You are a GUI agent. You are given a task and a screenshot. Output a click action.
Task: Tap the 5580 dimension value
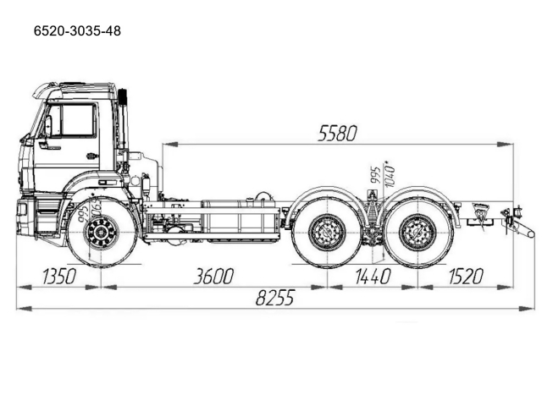[x=337, y=133]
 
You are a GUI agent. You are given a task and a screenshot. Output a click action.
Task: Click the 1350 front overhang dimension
[x=57, y=276]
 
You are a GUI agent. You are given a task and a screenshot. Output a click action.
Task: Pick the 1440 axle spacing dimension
[x=372, y=276]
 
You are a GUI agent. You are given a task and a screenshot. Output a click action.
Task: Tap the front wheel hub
[x=102, y=231]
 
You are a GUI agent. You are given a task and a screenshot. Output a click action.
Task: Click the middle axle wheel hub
[x=327, y=232]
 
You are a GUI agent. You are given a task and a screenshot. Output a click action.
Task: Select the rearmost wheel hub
[x=415, y=232]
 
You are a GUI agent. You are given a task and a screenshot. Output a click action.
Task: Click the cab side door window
[x=78, y=120]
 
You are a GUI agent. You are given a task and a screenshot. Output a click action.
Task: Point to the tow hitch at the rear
[x=518, y=223]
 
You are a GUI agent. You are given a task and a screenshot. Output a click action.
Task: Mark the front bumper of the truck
[x=25, y=217]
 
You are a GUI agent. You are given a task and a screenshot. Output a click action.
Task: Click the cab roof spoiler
[x=76, y=87]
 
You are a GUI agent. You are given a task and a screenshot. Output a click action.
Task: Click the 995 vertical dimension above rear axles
[x=373, y=176]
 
